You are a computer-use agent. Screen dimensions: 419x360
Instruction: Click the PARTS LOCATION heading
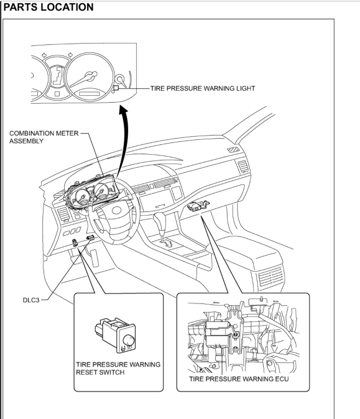coord(48,8)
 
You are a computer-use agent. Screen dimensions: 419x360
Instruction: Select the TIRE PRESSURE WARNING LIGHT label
coord(202,88)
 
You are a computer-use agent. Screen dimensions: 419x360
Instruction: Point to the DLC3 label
coord(31,299)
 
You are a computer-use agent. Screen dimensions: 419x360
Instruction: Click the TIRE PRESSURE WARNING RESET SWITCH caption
coord(118,368)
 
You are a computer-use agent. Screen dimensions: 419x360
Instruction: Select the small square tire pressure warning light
coord(115,88)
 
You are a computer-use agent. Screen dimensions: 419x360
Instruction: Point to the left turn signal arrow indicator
coord(44,55)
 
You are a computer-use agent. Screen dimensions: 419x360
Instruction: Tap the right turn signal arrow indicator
coord(71,55)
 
